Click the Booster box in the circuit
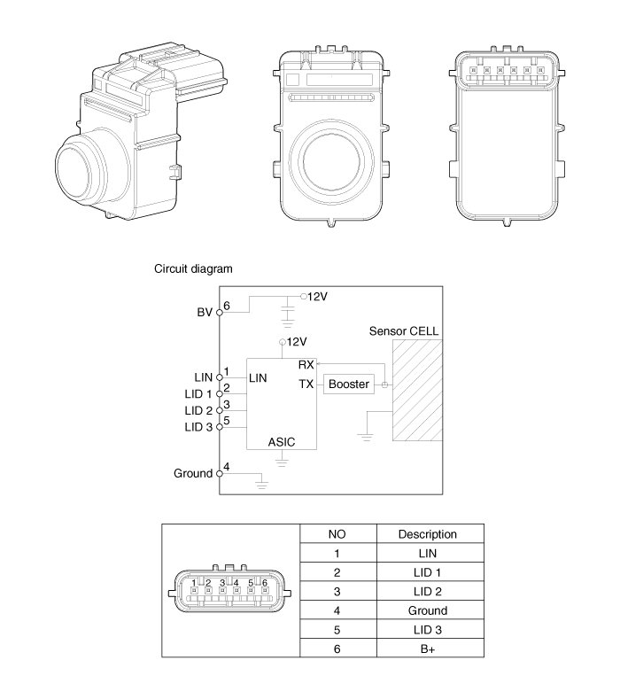[x=348, y=384]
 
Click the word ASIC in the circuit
[x=282, y=440]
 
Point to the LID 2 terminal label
[x=198, y=411]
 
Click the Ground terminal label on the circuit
[x=194, y=473]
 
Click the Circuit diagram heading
[x=194, y=268]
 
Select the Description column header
[x=428, y=534]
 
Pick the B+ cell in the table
[x=428, y=649]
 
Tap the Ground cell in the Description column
[x=428, y=610]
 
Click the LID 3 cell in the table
[x=428, y=630]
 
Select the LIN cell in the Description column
[x=428, y=553]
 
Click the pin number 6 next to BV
[x=227, y=307]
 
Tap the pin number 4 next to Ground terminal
[x=227, y=467]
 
